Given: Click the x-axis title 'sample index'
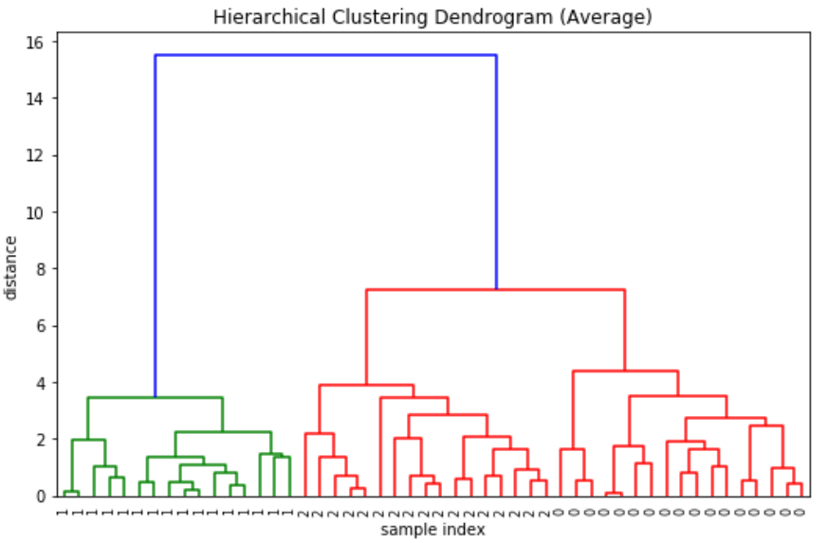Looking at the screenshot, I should point(432,530).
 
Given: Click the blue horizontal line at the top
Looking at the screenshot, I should point(325,55).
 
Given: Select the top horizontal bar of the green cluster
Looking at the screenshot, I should point(155,397).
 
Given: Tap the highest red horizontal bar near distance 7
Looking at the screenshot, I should point(495,289).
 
